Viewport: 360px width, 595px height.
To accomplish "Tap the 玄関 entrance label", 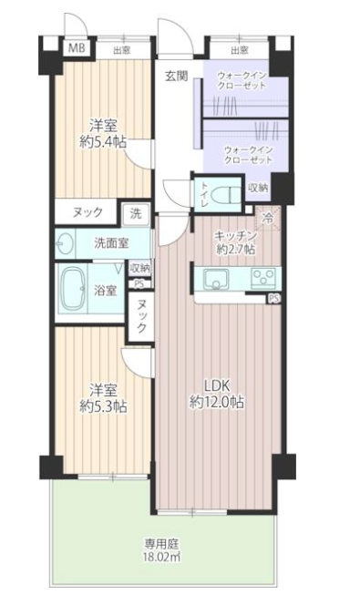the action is coord(176,77).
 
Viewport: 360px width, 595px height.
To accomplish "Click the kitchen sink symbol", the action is coord(216,280).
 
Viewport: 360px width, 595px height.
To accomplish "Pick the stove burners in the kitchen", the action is coord(262,279).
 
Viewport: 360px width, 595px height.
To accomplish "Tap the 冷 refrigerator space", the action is coord(269,218).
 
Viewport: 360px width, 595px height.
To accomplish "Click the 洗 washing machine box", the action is coord(136,213).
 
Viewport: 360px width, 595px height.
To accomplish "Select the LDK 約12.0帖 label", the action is coord(217,395).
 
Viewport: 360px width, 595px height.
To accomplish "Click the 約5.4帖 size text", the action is coord(103,142).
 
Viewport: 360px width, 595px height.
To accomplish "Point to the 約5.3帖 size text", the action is coord(103,406).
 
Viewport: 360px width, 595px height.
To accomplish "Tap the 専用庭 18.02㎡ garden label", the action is coord(161,550).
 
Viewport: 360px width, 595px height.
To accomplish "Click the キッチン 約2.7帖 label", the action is coord(235,242).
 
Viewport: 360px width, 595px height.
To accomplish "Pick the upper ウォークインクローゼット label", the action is coord(242,79).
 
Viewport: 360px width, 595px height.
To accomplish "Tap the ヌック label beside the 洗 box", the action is coord(87,212).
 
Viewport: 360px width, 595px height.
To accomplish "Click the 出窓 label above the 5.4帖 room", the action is coord(122,50).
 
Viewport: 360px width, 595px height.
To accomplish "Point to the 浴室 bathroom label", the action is coord(105,291).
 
